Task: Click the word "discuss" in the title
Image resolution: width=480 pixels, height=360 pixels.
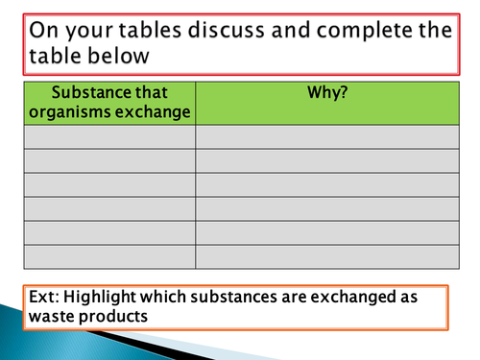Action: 232,30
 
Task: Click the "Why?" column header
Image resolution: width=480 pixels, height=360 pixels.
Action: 327,94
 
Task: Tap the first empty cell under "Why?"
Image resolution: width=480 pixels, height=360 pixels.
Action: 327,137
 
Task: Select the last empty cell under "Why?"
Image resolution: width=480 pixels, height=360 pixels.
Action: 327,256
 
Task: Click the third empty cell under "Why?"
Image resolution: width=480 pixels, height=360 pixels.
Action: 327,185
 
